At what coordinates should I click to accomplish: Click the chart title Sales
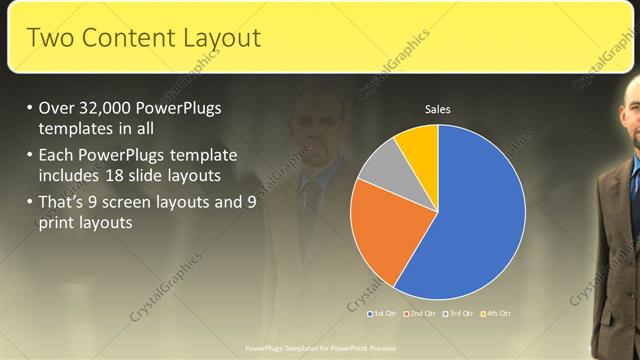point(438,108)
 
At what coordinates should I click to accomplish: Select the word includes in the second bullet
point(73,175)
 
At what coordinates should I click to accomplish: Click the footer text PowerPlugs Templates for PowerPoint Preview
point(319,348)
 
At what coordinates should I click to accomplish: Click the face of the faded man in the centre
point(322,125)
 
